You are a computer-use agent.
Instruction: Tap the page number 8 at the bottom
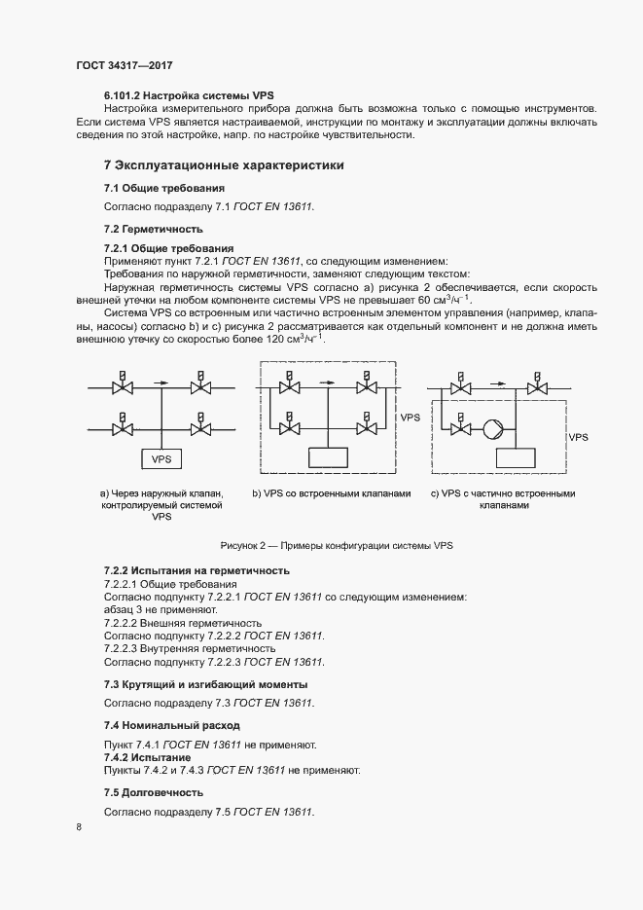pos(79,827)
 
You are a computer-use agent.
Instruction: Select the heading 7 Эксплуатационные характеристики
pos(224,165)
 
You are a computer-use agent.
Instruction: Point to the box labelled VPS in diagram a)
pos(161,457)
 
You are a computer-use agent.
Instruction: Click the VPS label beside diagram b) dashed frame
pos(411,416)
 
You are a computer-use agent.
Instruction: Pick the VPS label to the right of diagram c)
pos(579,438)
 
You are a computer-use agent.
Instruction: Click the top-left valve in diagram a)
pos(123,387)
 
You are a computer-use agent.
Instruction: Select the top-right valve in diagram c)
pos(535,387)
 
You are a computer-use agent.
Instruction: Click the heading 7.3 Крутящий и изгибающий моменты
pos(205,684)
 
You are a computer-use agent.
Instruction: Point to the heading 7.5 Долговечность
pos(154,793)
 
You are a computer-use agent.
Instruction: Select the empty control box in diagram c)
pos(513,457)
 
